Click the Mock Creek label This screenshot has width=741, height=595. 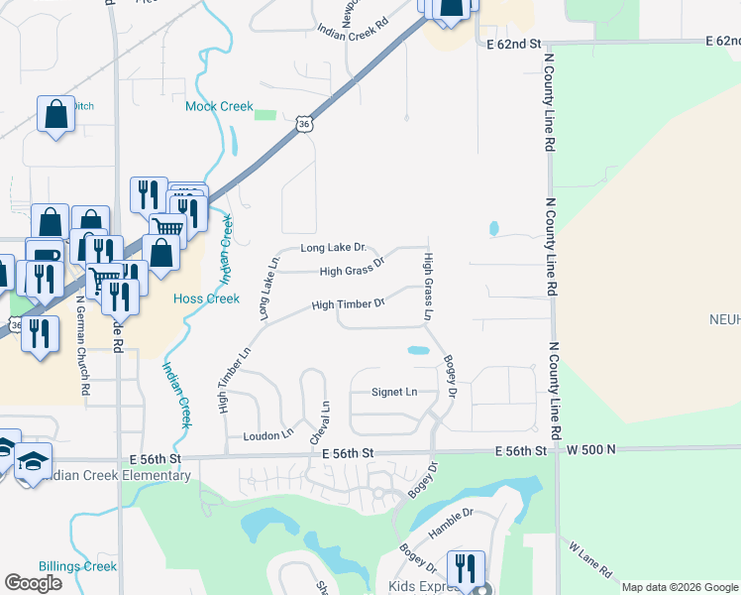pos(220,106)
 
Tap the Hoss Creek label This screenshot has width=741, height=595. pos(206,298)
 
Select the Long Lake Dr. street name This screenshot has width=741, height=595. pos(334,247)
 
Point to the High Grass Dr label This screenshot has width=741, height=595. pos(352,271)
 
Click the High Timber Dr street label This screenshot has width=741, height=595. pos(348,304)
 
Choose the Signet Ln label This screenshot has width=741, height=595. pos(394,392)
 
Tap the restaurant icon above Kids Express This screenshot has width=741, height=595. pos(466,569)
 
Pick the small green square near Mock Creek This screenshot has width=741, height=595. pos(265,115)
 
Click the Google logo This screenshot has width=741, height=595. pos(33,583)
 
